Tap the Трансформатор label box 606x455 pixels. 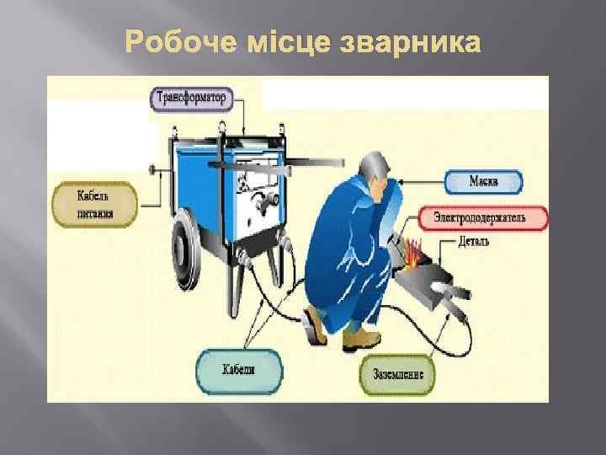coord(191,98)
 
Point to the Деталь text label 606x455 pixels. coord(476,242)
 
